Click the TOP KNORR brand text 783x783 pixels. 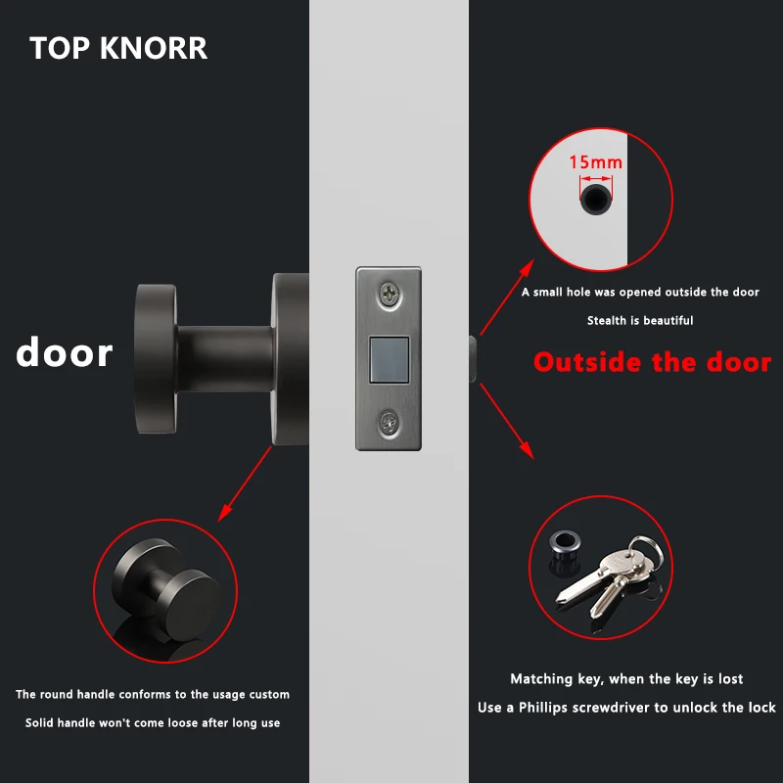pos(118,48)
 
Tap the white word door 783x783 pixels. pos(64,352)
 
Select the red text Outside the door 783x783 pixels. pos(652,362)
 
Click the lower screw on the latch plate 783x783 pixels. pos(391,423)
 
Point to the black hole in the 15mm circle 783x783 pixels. pos(593,201)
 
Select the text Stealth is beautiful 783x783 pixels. pos(640,320)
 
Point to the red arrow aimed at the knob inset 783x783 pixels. pos(245,484)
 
